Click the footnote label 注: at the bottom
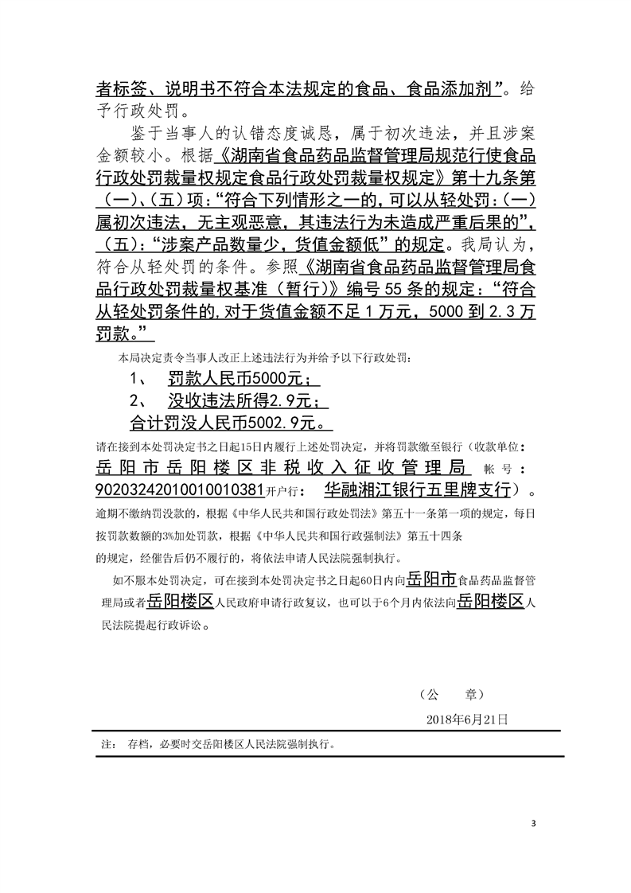coord(104,746)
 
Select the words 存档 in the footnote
coord(136,746)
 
